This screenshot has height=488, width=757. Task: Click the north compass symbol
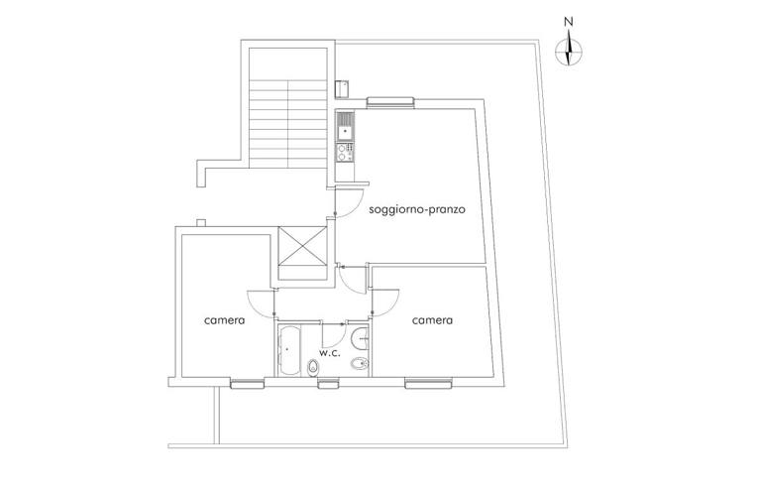click(x=568, y=51)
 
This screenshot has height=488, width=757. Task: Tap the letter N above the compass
click(x=568, y=21)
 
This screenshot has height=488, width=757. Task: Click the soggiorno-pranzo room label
click(x=417, y=210)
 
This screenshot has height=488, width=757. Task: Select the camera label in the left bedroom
click(x=225, y=320)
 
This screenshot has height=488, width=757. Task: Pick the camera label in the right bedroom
click(x=433, y=320)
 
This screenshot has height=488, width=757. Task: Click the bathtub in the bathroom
click(x=290, y=350)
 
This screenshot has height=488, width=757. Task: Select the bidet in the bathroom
click(x=361, y=366)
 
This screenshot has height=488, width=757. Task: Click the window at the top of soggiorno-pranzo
click(x=389, y=100)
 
